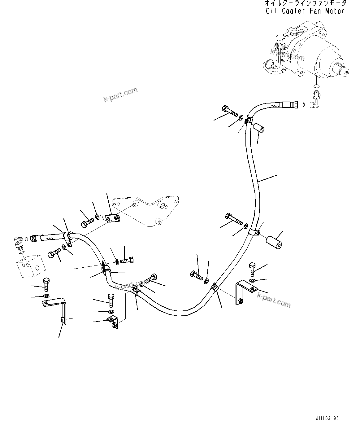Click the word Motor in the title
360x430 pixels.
tap(335, 11)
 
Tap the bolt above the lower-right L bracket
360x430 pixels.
tap(252, 269)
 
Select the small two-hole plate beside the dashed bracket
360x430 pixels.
tap(112, 218)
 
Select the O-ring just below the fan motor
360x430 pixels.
tap(316, 86)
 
